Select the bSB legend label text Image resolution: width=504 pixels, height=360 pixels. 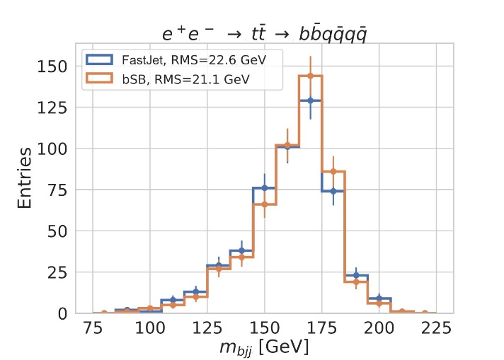174,81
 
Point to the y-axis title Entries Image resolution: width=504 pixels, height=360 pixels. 25,177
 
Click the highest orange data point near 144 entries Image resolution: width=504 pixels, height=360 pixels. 311,76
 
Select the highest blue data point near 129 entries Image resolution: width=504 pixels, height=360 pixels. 311,100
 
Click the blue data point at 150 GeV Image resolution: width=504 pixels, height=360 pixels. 265,188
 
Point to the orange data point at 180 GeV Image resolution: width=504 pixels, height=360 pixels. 333,171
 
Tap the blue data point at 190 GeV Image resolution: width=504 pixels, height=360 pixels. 357,275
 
